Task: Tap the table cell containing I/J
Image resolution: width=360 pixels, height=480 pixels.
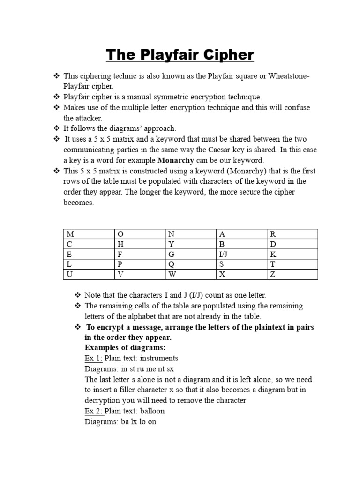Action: (241, 254)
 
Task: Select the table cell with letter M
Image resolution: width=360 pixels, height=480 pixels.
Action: (88, 233)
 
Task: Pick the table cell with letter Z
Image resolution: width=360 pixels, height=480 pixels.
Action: (292, 274)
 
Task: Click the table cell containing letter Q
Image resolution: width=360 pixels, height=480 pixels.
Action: (190, 264)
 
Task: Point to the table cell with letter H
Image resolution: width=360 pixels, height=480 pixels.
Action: (139, 244)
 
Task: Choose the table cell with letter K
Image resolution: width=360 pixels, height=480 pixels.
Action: (292, 254)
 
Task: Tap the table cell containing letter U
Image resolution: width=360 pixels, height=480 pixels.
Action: (88, 274)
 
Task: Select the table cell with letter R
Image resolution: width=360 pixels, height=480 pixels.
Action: (292, 233)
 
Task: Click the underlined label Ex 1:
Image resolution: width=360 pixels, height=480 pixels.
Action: (93, 358)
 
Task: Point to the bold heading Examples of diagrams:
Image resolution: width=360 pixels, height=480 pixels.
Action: (125, 348)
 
